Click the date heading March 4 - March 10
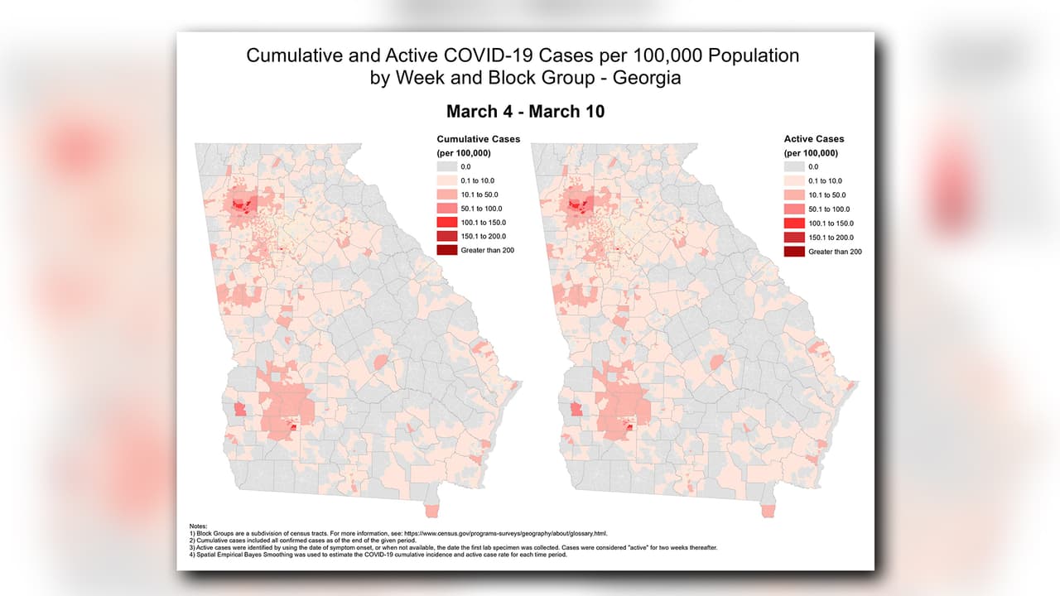pyautogui.click(x=525, y=111)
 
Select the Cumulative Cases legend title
pyautogui.click(x=478, y=139)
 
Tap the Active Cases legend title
pyautogui.click(x=814, y=139)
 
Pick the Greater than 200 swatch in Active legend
pyautogui.click(x=793, y=251)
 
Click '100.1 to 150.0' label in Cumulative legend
pyautogui.click(x=483, y=223)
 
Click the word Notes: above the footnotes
pyautogui.click(x=200, y=526)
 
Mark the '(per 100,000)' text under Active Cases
pyautogui.click(x=811, y=153)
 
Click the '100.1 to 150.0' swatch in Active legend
pyautogui.click(x=793, y=223)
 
